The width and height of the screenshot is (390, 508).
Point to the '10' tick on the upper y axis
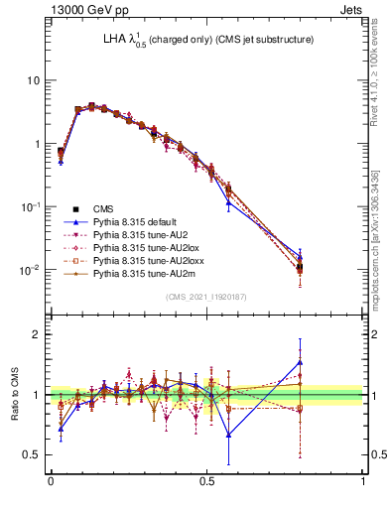[33, 80]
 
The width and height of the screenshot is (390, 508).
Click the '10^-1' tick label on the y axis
[30, 206]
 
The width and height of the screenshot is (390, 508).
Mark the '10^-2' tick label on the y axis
[30, 270]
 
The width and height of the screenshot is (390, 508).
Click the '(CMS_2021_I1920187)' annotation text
[206, 296]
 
